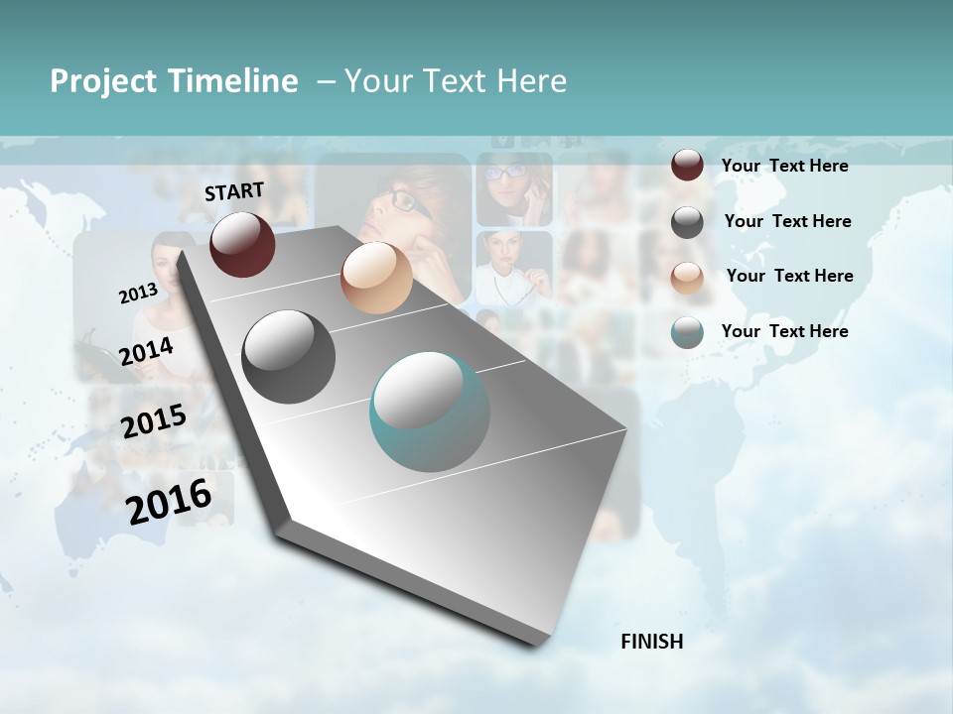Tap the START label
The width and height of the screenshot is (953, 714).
(234, 191)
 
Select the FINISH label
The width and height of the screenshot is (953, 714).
(651, 642)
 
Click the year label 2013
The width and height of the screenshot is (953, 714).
(138, 294)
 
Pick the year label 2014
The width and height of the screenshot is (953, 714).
(146, 351)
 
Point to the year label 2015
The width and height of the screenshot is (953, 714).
(154, 421)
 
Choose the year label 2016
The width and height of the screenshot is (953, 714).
(169, 502)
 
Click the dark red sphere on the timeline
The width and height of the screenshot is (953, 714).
(242, 244)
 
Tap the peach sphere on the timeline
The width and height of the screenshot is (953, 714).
(376, 278)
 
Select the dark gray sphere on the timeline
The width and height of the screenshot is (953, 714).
(289, 357)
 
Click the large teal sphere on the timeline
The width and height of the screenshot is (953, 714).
(430, 413)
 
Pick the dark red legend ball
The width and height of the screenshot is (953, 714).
(687, 166)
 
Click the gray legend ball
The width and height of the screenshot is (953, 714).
(687, 221)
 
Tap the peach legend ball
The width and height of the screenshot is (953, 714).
(687, 277)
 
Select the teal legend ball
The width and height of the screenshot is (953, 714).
(687, 332)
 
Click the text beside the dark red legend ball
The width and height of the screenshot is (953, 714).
(784, 166)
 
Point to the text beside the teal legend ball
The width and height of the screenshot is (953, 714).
(784, 331)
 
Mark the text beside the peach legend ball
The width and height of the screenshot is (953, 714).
(789, 276)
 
